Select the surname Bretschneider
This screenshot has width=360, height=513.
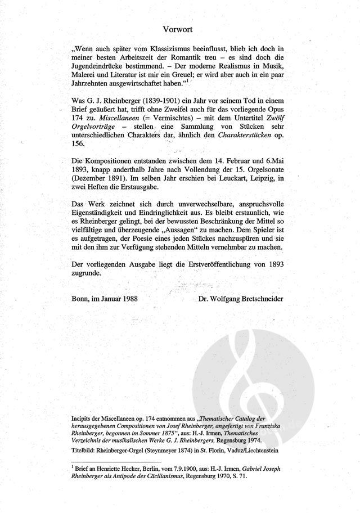click(259, 298)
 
